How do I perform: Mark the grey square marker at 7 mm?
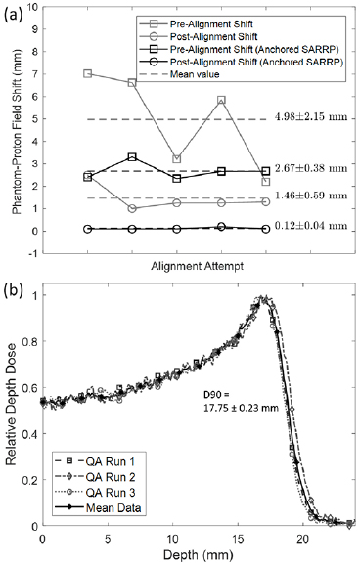point(88,74)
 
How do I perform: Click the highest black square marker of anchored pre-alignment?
point(133,156)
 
